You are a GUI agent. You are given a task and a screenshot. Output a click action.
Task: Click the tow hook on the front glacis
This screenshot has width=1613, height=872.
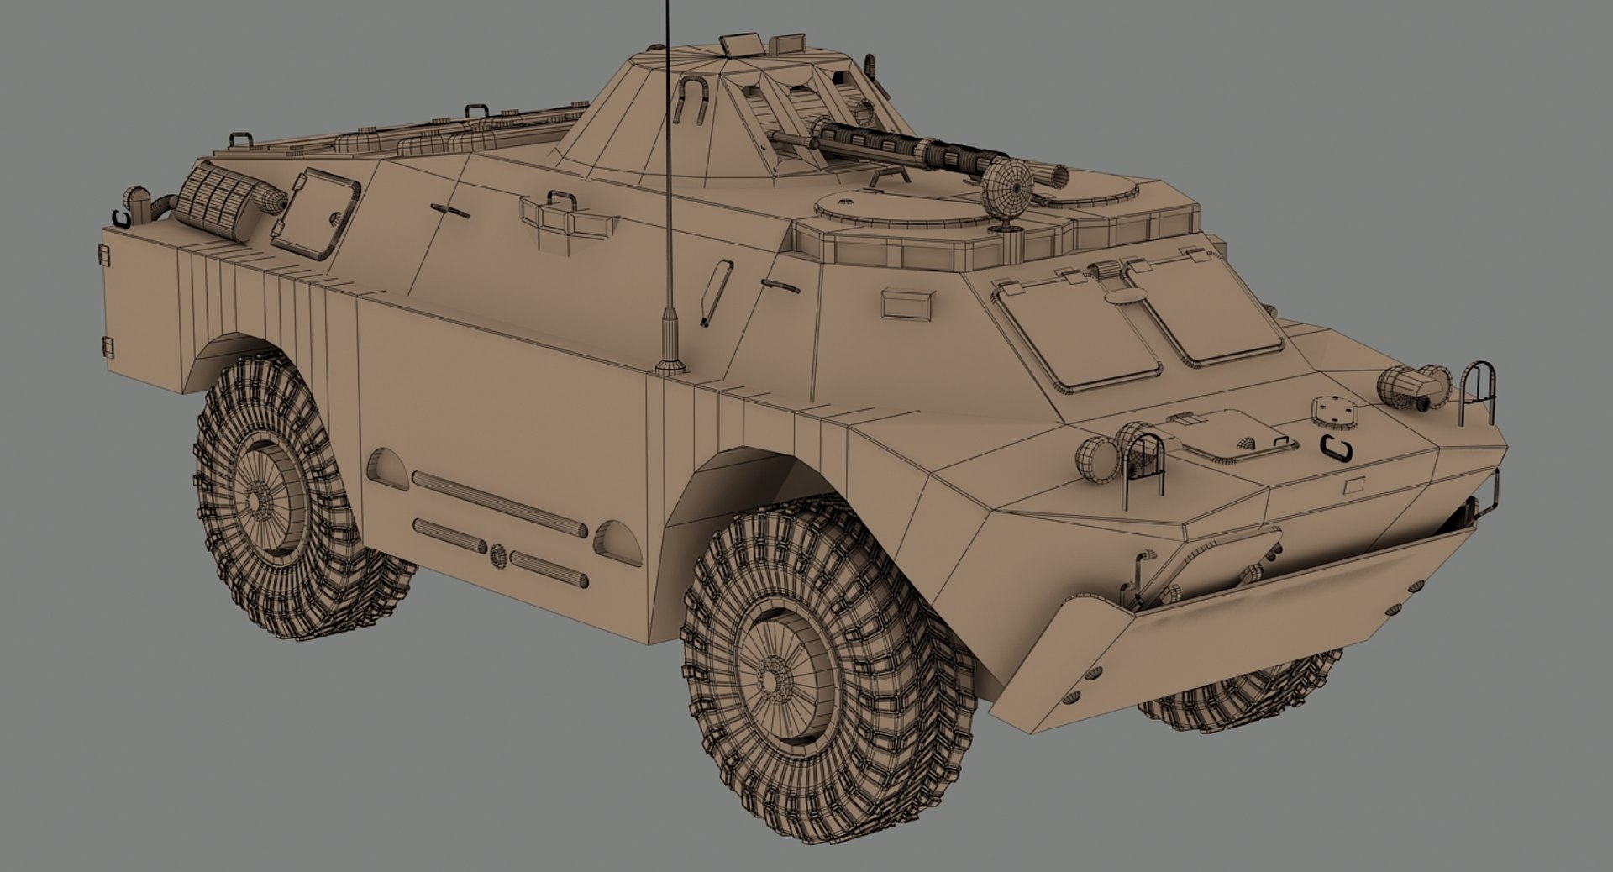coord(1335,448)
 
